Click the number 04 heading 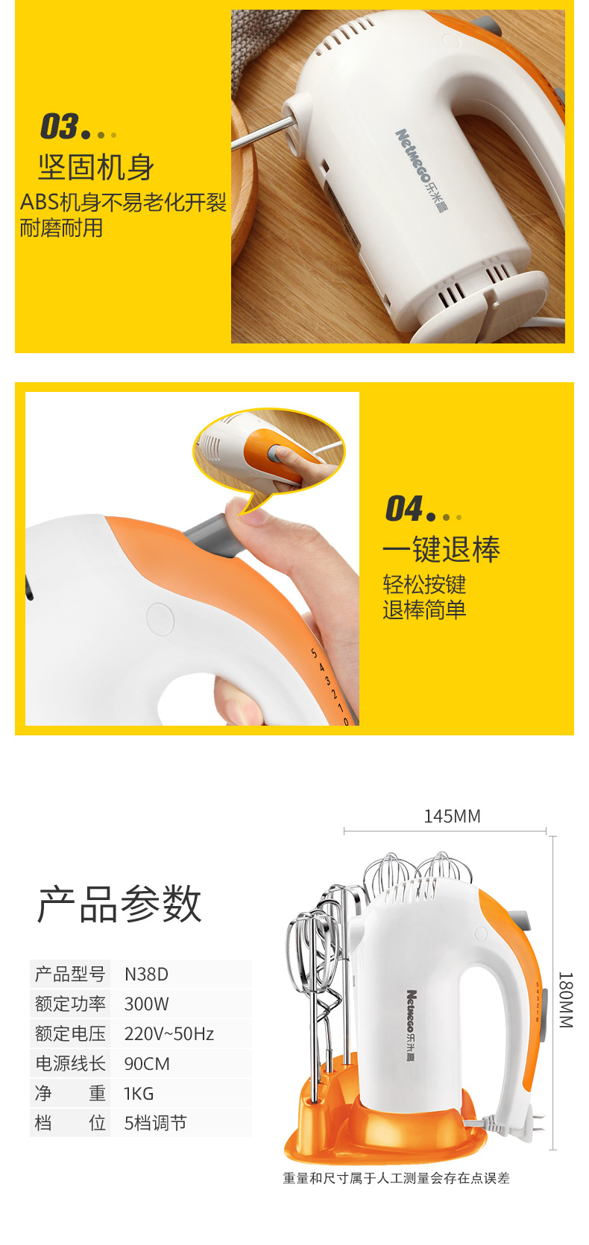[404, 509]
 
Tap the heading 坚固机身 [95, 167]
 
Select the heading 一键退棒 [441, 549]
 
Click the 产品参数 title [119, 905]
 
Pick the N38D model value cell [146, 975]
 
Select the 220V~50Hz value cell [169, 1034]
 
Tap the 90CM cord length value [147, 1064]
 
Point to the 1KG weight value [139, 1093]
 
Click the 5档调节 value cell [155, 1124]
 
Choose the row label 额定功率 [70, 1004]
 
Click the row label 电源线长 [70, 1064]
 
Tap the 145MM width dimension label [452, 817]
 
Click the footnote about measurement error [396, 1178]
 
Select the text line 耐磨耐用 [61, 228]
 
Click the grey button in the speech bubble [274, 453]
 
